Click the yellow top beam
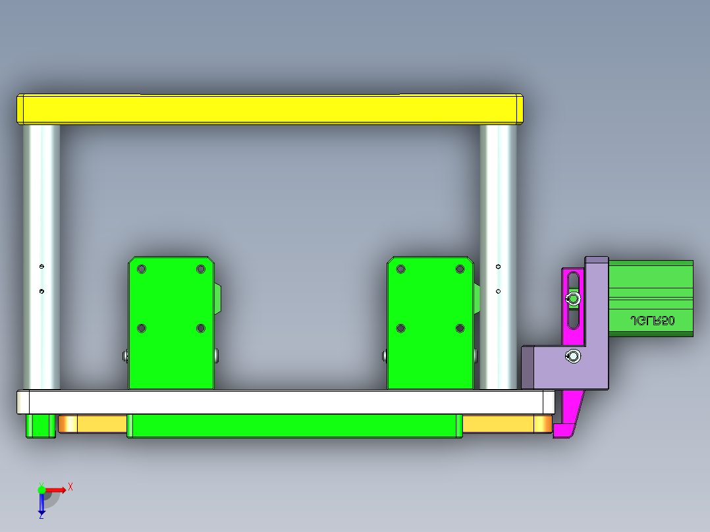click(270, 109)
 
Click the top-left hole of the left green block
click(142, 269)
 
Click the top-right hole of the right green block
click(460, 269)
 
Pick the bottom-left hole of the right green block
click(400, 328)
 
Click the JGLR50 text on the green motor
click(652, 321)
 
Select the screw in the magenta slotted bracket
click(573, 300)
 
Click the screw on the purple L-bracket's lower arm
click(573, 357)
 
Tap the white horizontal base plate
click(283, 402)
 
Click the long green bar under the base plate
click(293, 426)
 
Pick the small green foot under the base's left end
click(40, 426)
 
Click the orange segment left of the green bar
click(92, 424)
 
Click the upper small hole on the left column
click(41, 267)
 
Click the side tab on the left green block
click(218, 300)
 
